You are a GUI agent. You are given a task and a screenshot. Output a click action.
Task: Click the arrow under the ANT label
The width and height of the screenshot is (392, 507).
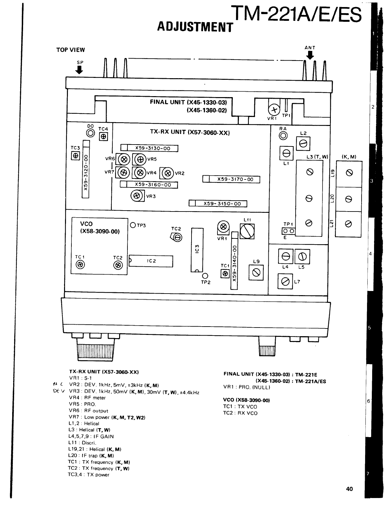pos(310,56)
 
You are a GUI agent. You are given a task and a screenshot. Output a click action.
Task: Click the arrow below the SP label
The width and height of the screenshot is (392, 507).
pos(79,70)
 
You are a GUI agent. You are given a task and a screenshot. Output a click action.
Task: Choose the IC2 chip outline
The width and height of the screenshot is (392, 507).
pos(151,261)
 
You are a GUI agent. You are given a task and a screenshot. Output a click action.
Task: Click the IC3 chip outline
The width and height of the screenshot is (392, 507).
pos(197,249)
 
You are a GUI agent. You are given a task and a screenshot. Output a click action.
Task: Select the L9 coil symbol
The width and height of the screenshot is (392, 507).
pos(256,273)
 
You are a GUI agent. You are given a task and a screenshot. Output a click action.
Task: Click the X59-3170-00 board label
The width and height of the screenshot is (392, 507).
pos(232,179)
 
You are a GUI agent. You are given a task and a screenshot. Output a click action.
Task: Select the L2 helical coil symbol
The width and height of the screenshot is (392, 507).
pos(303,144)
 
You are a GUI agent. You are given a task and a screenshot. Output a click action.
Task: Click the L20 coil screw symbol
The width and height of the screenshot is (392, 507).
pos(349,199)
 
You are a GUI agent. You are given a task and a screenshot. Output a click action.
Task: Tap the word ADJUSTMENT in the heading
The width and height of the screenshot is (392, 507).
pos(194,27)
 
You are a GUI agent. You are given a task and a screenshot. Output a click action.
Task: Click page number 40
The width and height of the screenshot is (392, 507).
pos(349,489)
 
